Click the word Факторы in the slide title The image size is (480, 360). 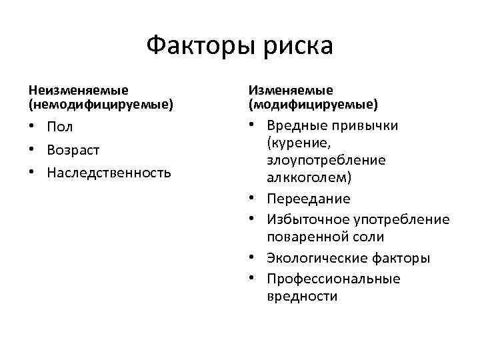[196, 46]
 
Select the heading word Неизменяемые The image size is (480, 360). [78, 89]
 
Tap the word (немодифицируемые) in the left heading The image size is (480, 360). [100, 104]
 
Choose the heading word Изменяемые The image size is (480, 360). [291, 89]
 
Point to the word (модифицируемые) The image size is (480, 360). [313, 104]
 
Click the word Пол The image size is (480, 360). [60, 127]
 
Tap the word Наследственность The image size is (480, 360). [109, 173]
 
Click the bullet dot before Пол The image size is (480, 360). [33, 127]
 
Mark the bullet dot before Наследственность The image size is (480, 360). [33, 173]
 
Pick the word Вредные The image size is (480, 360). [294, 126]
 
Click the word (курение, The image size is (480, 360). [299, 143]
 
